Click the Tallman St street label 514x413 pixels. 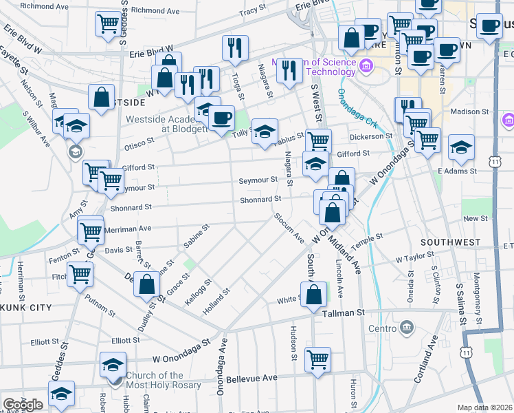[x=344, y=313]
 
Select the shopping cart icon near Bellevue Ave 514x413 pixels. [x=317, y=360]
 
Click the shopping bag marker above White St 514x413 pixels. [x=313, y=294]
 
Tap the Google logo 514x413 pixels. [x=23, y=404]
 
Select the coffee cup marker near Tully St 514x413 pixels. [x=221, y=119]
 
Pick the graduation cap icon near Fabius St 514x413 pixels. [x=264, y=132]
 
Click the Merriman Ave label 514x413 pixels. [x=127, y=228]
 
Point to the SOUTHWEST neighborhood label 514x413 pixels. [x=450, y=242]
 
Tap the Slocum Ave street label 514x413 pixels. [x=289, y=228]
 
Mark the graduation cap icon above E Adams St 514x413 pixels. [x=461, y=147]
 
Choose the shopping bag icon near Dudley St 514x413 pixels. [x=146, y=284]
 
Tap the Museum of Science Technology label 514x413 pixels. [x=315, y=66]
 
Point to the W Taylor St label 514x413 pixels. [x=416, y=260]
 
